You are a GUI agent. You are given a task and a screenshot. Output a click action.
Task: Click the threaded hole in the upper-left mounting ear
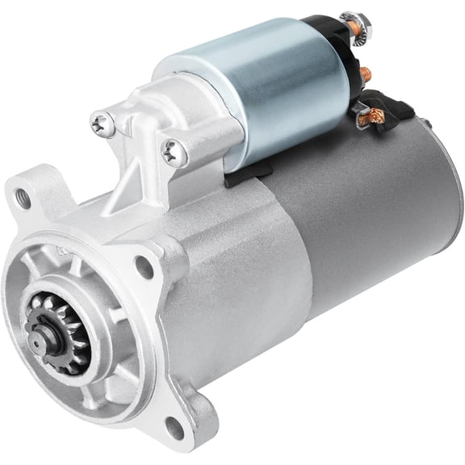coord(23,199)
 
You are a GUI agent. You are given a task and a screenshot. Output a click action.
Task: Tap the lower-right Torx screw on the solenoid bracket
coord(172,151)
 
